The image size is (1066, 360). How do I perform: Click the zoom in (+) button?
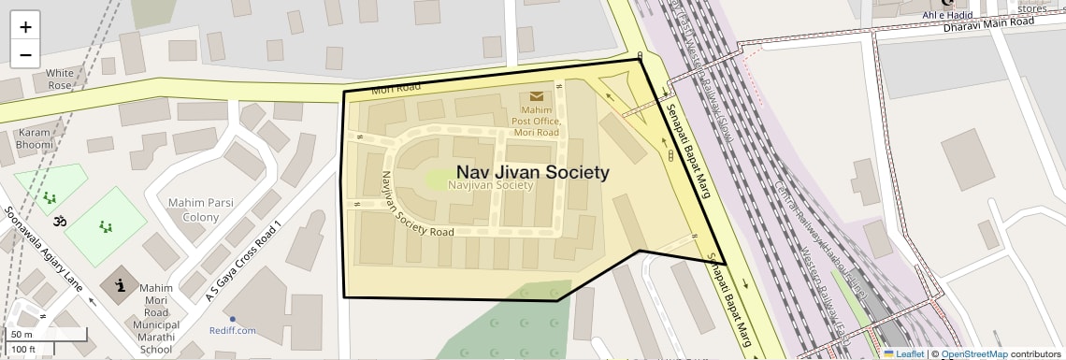click(25, 27)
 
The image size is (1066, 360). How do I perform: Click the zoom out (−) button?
click(25, 54)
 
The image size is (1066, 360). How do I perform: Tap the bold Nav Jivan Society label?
click(532, 172)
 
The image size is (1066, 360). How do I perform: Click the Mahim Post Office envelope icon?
click(537, 96)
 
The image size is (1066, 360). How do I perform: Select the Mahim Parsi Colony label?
click(194, 210)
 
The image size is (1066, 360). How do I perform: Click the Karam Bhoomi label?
click(34, 139)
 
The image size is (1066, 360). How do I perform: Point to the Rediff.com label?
click(233, 330)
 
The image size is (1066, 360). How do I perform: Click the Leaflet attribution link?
click(904, 353)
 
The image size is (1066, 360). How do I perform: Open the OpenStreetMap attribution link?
click(973, 353)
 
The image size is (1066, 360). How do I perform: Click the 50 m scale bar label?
click(22, 334)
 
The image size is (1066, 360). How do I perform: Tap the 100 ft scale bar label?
click(24, 350)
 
